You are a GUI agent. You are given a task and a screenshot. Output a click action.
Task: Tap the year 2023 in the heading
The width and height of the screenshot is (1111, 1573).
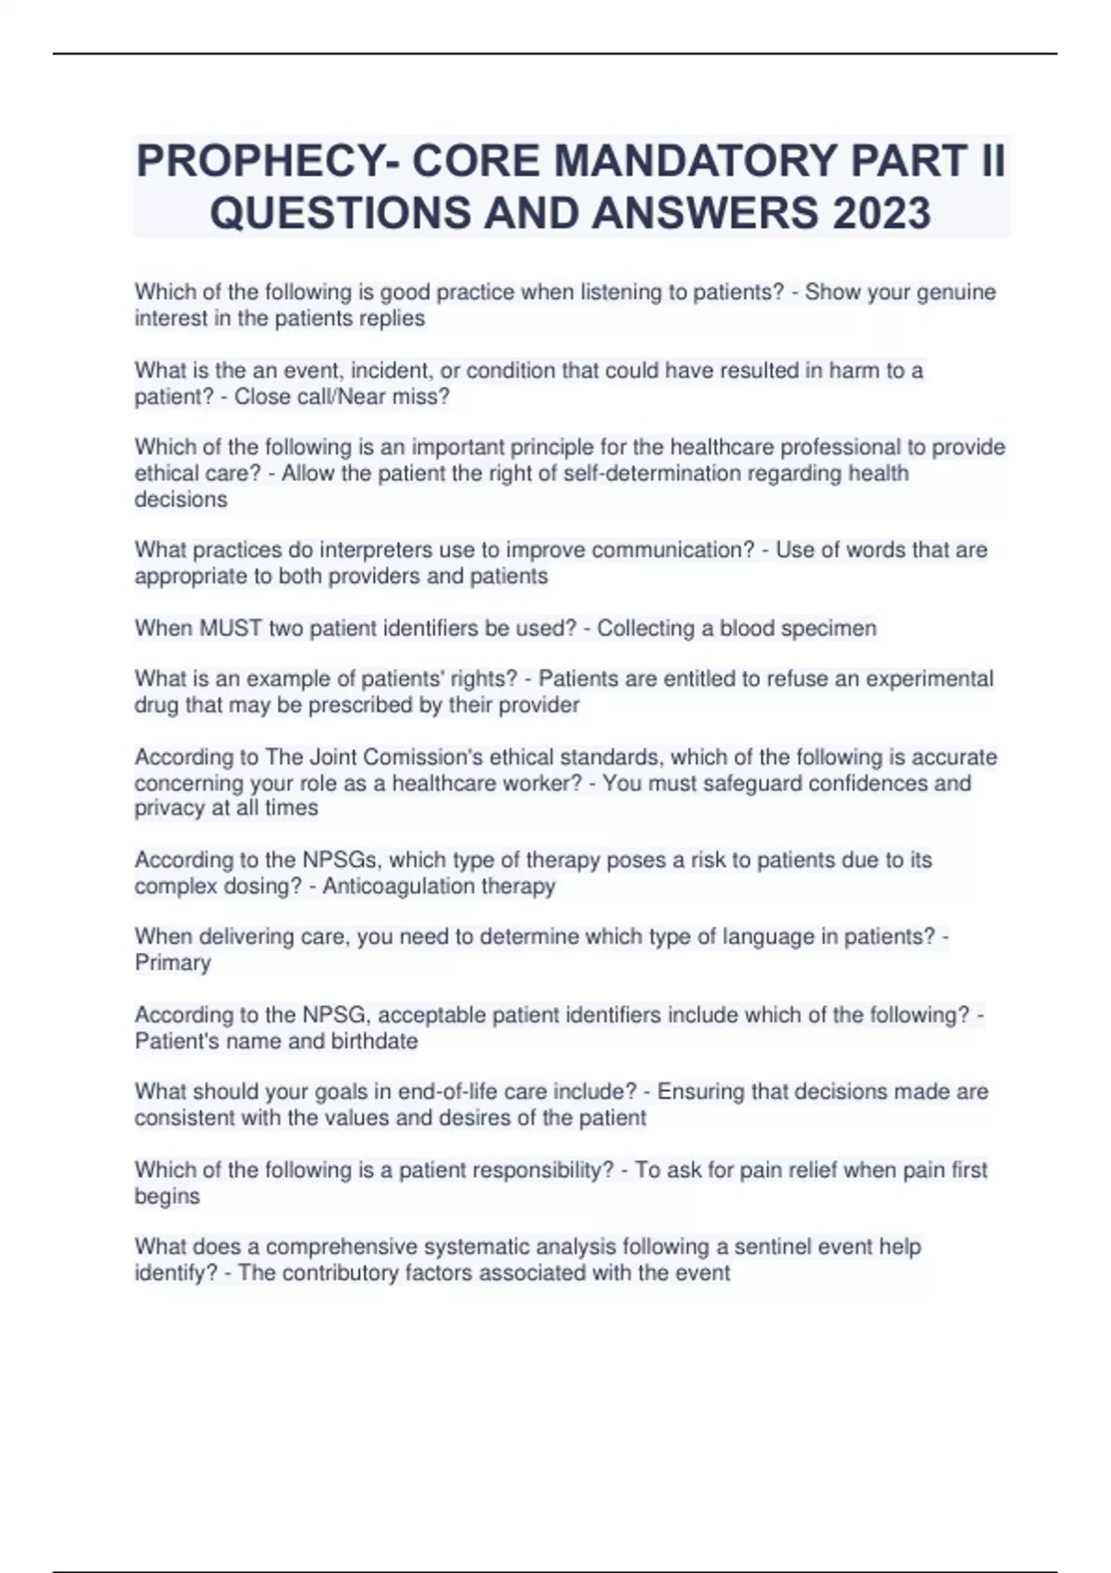tap(881, 213)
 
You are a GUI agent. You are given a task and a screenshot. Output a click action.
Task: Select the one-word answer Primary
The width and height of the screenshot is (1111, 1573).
tap(173, 963)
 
